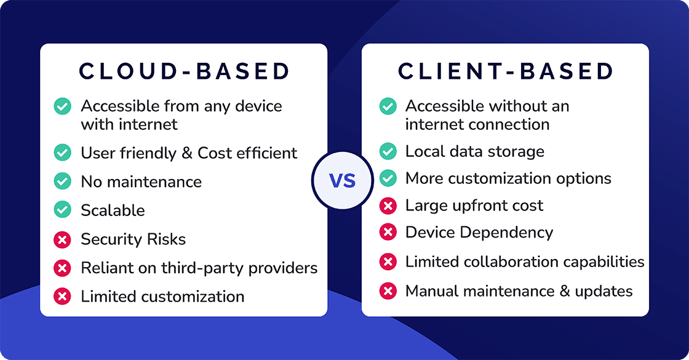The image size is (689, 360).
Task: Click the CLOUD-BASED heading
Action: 184,71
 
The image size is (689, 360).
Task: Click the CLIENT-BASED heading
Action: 506,71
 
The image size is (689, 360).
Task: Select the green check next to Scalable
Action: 62,210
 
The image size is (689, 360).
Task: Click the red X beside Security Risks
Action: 62,239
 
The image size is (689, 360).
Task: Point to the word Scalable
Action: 113,210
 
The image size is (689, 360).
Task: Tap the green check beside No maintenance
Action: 62,182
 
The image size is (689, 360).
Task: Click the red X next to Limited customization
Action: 62,296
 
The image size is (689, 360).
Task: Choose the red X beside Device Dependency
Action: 388,232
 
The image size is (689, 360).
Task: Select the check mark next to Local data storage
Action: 388,151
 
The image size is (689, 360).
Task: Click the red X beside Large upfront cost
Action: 388,205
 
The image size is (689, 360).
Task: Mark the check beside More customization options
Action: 388,178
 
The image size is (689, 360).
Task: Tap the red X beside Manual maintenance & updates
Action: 388,290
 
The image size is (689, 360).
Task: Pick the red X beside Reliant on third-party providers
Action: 62,268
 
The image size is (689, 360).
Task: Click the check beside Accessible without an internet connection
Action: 388,106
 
